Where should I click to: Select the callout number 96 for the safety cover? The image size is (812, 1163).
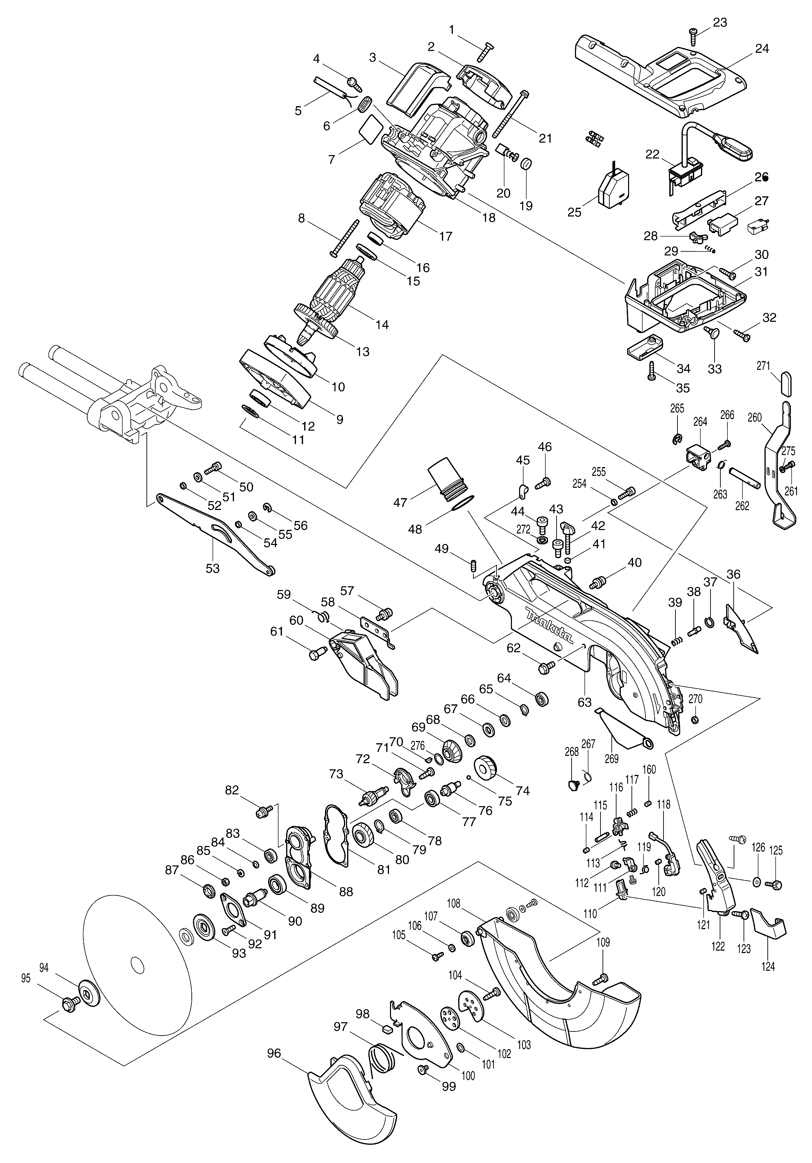[274, 1053]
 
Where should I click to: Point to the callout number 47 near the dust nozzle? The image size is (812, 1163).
[401, 502]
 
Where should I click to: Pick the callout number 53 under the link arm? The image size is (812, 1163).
[213, 568]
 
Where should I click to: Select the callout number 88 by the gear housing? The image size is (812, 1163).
[346, 891]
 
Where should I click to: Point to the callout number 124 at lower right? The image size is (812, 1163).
[768, 966]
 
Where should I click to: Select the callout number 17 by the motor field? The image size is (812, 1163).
[446, 236]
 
